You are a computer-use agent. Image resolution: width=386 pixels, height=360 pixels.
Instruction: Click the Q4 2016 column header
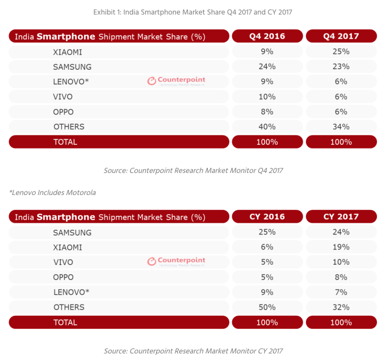[267, 36]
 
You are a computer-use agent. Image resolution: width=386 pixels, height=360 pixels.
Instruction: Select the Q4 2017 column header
[341, 36]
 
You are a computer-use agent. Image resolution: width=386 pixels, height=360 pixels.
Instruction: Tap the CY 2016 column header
[267, 217]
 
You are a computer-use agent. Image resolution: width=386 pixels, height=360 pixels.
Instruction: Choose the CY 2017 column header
[341, 217]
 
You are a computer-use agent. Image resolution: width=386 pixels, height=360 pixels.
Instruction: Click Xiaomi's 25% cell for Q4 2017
[341, 52]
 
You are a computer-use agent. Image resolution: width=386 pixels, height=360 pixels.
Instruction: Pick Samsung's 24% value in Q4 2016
[267, 67]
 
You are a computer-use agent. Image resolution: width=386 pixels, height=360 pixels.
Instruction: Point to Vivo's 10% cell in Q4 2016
[267, 96]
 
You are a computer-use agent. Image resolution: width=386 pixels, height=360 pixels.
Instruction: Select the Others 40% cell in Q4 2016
[267, 126]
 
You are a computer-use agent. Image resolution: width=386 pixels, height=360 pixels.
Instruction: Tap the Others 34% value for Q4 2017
[341, 126]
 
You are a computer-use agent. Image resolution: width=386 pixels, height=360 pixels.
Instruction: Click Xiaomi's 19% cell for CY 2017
[341, 247]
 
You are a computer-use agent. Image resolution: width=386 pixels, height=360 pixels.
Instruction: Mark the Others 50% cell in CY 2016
[267, 307]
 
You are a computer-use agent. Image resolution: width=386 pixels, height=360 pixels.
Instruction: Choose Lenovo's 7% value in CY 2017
[341, 292]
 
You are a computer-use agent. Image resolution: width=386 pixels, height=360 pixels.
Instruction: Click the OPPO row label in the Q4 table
[63, 112]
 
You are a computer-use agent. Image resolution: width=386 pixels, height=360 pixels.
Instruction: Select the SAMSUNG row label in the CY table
[72, 232]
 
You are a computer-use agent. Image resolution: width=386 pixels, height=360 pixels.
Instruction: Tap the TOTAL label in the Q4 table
[65, 142]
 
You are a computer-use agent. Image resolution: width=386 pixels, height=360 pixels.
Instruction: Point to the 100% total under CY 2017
[341, 323]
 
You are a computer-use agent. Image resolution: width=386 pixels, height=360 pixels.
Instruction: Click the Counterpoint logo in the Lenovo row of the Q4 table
[177, 81]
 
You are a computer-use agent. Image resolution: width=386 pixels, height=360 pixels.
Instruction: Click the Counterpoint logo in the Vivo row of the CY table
[177, 261]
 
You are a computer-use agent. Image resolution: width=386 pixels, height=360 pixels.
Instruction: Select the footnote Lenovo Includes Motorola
[53, 193]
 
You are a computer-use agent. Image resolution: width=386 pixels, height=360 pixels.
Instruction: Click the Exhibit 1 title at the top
[193, 12]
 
